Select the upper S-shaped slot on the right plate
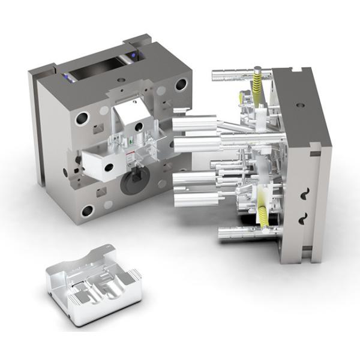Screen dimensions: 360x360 [x=304, y=194]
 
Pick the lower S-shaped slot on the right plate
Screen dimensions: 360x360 [x=303, y=217]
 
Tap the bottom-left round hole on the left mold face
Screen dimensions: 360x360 [x=88, y=211]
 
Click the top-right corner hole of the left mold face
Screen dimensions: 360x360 [x=180, y=85]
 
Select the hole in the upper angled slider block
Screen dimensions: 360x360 [x=139, y=127]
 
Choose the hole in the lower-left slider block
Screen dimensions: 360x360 [x=109, y=167]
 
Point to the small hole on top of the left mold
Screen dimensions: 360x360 [x=122, y=80]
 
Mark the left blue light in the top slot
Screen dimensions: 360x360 [x=65, y=76]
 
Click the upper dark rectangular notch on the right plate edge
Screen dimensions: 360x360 [x=315, y=153]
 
